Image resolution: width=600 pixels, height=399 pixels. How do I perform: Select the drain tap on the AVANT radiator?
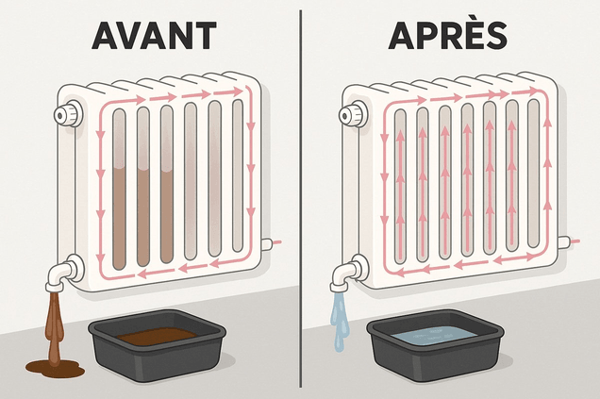[x=61, y=274]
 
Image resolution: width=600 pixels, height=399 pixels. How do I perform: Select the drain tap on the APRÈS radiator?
[x=345, y=274]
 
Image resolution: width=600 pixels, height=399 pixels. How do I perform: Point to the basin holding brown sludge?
[x=156, y=342]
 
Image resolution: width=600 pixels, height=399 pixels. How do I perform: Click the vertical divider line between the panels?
[x=300, y=199]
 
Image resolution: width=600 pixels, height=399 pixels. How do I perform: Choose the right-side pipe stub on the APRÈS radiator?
[x=562, y=241]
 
